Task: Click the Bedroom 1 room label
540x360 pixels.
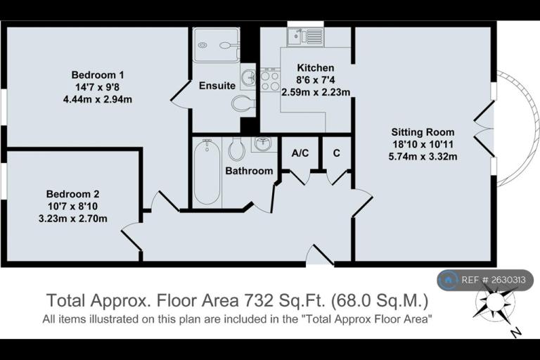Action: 98,75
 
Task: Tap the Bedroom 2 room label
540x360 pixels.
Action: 72,194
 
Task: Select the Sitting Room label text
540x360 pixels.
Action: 423,132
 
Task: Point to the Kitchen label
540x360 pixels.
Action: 316,67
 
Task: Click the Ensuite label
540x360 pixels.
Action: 217,86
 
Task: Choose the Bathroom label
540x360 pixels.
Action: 249,171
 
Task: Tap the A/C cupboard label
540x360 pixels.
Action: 300,153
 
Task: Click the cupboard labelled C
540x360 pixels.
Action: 337,153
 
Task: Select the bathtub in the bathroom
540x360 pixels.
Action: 207,172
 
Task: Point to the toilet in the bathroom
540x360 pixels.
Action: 237,149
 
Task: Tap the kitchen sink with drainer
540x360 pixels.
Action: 305,37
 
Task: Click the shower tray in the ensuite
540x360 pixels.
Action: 216,45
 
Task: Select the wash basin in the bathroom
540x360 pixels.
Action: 263,143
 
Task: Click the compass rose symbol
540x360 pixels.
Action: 494,303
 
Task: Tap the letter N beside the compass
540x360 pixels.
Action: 515,332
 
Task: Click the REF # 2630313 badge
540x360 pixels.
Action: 485,280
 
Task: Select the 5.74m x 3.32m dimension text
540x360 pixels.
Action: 423,156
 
